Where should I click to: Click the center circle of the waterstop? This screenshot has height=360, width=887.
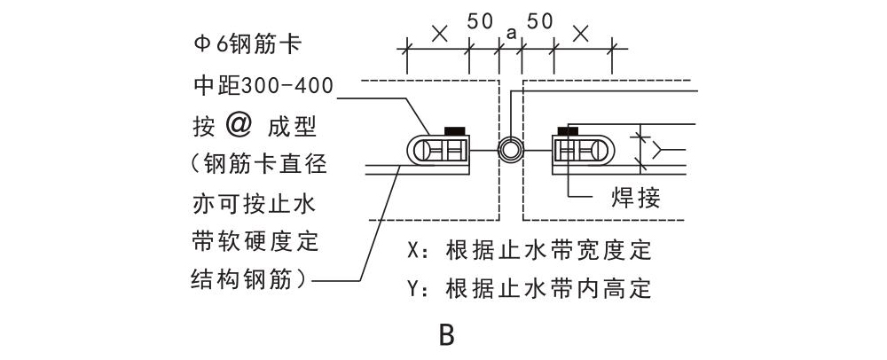[x=510, y=149]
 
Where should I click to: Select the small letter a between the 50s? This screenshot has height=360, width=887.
[x=511, y=33]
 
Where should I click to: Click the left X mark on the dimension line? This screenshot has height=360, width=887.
[x=437, y=35]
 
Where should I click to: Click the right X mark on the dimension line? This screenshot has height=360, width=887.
[x=581, y=35]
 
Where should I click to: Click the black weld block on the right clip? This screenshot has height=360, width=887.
[x=566, y=132]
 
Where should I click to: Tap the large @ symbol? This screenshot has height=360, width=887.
[x=239, y=124]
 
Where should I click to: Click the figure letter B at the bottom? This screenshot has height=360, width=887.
[x=446, y=336]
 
